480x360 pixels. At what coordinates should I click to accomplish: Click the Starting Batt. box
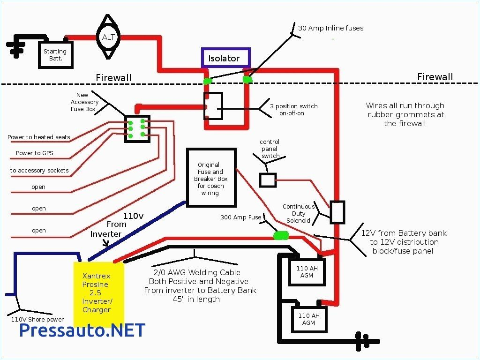point(55,55)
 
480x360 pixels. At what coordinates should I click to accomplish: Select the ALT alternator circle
point(109,37)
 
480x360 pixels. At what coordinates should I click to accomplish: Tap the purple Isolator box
point(226,58)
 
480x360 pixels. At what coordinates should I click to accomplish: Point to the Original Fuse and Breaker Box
point(210,178)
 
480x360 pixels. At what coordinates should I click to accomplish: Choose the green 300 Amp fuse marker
point(281,235)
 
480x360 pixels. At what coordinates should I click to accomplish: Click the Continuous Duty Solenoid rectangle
point(337,212)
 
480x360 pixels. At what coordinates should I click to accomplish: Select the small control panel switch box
point(268,180)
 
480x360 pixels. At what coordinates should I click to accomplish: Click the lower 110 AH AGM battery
point(309,319)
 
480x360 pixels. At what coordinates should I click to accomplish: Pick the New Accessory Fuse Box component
point(137,128)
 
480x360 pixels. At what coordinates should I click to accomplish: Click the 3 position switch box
point(213,106)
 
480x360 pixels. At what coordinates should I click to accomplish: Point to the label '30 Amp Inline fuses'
point(330,28)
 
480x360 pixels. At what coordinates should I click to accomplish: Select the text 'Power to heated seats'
point(39,137)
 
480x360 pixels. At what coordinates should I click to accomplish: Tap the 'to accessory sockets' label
point(39,170)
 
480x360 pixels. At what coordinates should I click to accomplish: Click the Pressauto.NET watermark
point(82,330)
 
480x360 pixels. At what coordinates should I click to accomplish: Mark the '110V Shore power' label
point(37,320)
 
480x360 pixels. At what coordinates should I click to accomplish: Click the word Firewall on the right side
point(435,77)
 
